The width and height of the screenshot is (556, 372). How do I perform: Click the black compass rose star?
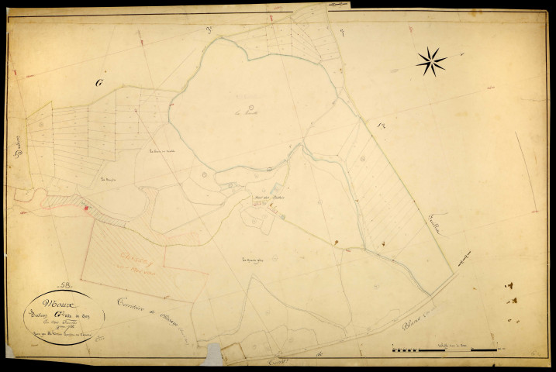431,61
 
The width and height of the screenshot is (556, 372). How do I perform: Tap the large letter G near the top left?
98,82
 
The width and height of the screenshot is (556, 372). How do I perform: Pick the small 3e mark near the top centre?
209,29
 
